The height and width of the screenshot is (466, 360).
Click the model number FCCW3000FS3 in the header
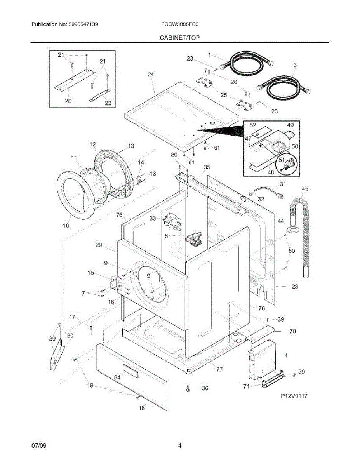click(180, 24)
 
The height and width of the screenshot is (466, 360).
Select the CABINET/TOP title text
click(180, 38)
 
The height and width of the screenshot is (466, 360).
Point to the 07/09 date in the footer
click(39, 445)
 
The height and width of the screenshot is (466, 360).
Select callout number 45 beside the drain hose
click(305, 189)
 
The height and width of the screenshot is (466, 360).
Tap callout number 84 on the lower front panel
click(117, 377)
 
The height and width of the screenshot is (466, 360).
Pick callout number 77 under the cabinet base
click(219, 369)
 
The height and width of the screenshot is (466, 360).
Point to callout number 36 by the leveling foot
click(205, 388)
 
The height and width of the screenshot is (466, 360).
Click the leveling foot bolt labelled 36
click(188, 388)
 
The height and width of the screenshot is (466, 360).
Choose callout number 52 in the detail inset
click(253, 125)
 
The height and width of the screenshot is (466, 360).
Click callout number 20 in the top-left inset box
click(68, 102)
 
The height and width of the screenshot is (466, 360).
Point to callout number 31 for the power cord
click(283, 184)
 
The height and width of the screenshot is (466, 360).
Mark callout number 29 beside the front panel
click(98, 245)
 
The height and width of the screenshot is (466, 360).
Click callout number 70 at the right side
click(292, 331)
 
